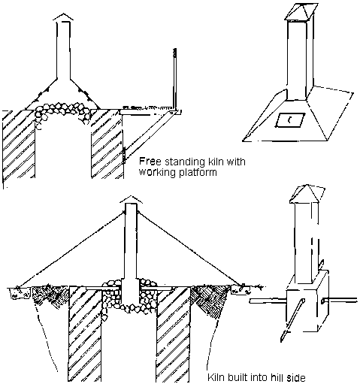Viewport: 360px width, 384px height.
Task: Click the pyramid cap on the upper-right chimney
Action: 301,12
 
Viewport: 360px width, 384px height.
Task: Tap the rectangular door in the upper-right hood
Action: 290,120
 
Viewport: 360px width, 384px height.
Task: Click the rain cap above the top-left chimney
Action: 63,17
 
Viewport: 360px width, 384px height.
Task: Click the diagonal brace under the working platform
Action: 149,136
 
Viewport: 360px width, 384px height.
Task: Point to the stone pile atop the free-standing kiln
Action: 62,110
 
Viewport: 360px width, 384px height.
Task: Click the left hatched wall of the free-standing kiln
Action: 19,144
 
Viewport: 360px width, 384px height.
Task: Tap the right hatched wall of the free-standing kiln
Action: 107,144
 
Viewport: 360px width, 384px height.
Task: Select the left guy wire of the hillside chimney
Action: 71,249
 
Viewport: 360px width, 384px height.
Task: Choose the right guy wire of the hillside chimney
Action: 190,249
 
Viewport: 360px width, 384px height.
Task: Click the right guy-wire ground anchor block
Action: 240,289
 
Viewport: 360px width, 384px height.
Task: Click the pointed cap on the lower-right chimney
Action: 304,194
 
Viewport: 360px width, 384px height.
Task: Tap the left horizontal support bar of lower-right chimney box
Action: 268,301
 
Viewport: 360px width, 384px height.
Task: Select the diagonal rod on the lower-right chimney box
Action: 292,320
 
